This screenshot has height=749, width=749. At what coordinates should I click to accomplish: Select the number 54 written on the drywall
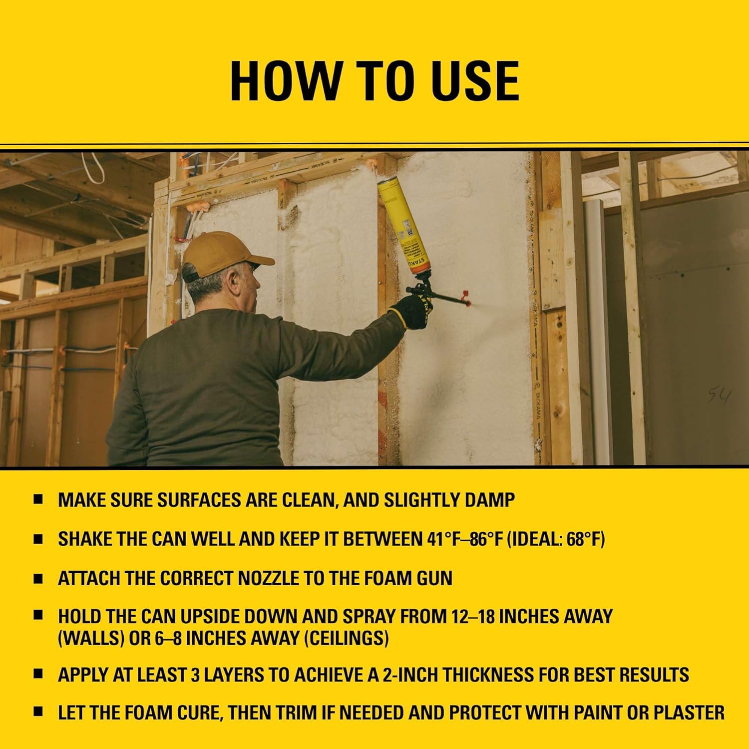point(719,397)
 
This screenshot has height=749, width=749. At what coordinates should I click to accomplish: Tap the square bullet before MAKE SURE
point(38,500)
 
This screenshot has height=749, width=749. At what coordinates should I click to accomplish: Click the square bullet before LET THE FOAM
point(38,713)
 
